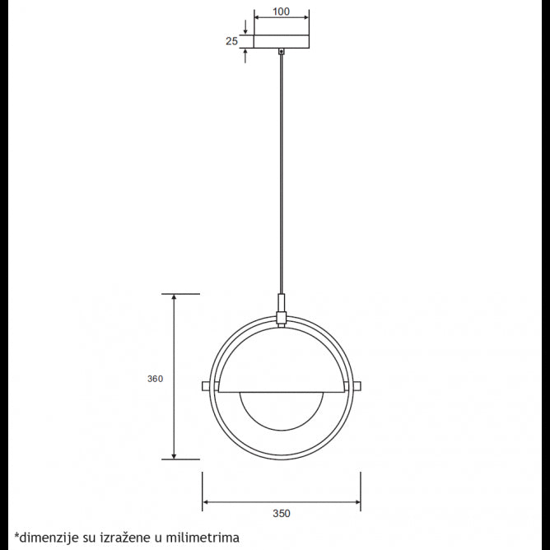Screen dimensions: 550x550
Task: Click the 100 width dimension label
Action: pos(282,12)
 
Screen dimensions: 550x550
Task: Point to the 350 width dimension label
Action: pos(282,513)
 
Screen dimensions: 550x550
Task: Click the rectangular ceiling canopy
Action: pos(282,40)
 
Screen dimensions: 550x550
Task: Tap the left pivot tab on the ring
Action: pos(207,386)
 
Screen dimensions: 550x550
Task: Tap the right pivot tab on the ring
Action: pos(357,386)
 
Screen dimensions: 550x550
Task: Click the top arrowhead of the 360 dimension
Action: pos(174,298)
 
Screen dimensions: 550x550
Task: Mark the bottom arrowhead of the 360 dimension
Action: pos(174,454)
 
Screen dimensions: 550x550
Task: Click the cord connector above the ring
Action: pos(282,307)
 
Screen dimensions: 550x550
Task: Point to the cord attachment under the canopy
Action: pos(282,52)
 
